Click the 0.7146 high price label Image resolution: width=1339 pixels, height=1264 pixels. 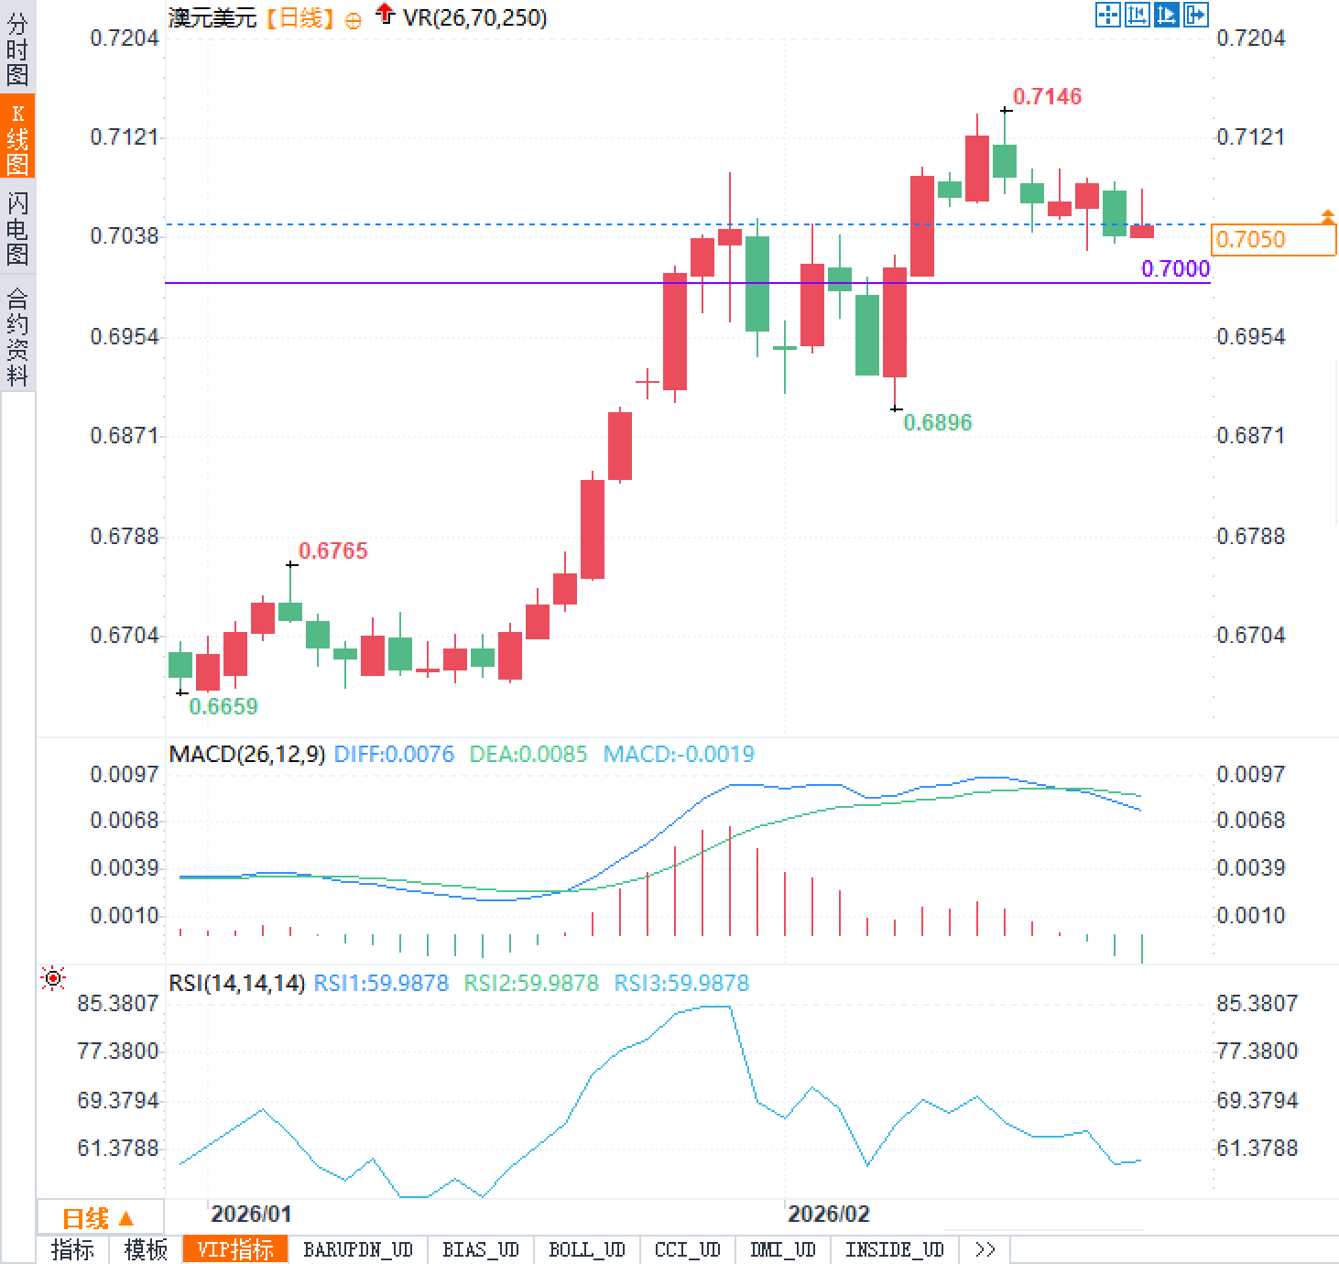1047,96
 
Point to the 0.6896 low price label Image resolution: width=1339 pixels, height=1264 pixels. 937,422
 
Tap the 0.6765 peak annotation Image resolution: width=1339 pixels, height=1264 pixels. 332,550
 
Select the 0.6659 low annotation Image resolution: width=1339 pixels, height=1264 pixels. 223,706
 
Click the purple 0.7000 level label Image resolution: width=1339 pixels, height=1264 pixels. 1175,268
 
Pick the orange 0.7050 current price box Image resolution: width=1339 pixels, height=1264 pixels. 1272,239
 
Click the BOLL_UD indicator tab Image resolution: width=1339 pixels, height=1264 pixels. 586,1250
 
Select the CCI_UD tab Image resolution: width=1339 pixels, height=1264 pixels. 687,1250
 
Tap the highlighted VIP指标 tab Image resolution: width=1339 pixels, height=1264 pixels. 235,1250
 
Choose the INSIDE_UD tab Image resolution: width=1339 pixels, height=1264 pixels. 894,1250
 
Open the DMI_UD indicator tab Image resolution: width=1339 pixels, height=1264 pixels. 782,1250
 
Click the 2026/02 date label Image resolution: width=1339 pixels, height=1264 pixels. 828,1215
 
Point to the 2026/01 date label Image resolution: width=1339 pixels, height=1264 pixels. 251,1215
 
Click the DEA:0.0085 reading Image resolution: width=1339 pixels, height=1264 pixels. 528,754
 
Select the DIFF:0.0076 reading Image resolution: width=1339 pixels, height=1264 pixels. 394,754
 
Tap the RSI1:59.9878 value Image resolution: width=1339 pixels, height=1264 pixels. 381,983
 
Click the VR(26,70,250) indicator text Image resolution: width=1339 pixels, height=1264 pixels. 474,17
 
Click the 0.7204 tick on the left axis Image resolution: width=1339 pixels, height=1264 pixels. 125,38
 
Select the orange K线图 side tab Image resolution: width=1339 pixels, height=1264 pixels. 17,137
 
